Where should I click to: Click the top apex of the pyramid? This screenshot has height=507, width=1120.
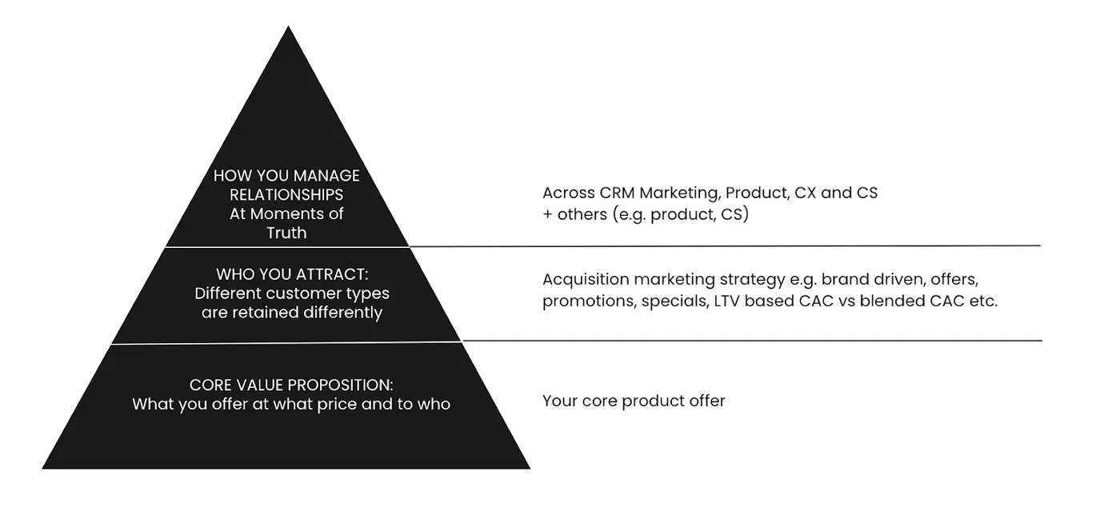[x=288, y=26]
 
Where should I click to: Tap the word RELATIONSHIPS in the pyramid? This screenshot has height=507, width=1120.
[x=286, y=194]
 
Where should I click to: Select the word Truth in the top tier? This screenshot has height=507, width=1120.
[x=286, y=233]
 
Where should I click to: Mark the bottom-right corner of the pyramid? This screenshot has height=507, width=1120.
[x=530, y=469]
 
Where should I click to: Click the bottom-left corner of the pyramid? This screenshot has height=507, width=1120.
[x=42, y=469]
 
